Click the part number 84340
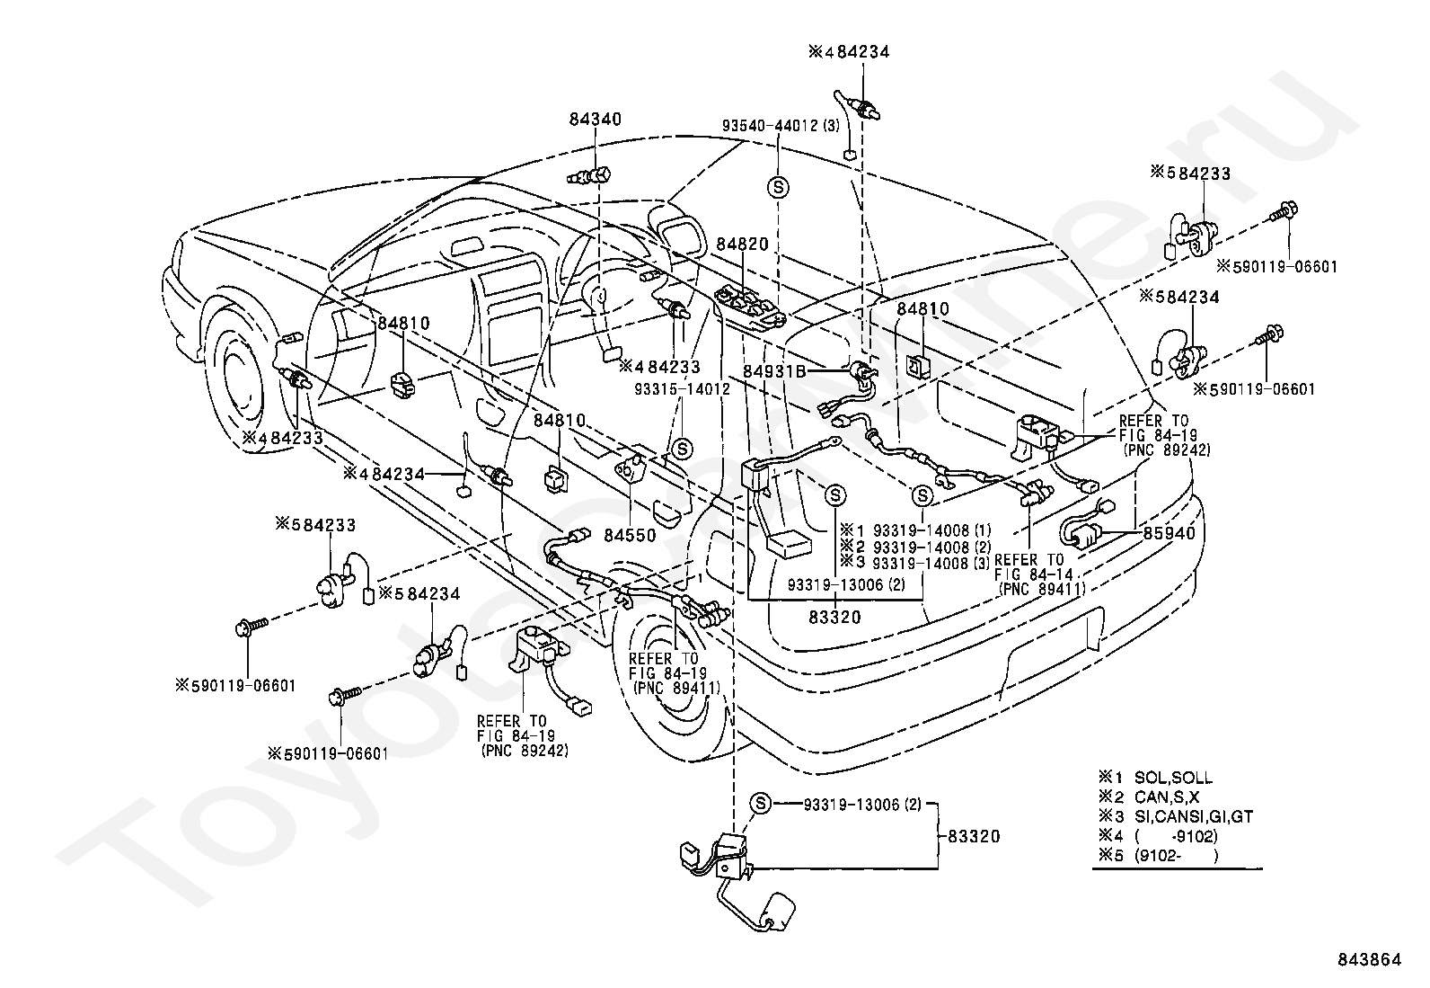pos(596,120)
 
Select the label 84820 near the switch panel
pos(742,245)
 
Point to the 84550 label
pos(631,534)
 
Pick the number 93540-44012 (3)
pos(780,126)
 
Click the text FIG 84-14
pos(1028,574)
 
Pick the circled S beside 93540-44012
pos(779,187)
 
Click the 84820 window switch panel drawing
pos(750,306)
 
